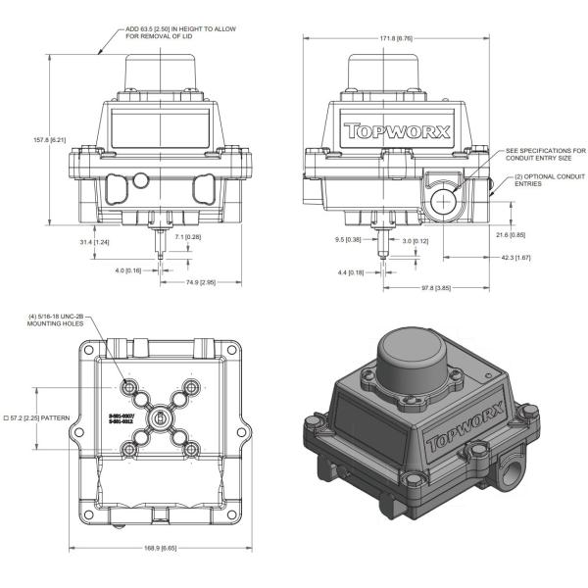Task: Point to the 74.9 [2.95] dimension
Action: (202, 282)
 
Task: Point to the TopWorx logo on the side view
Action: (396, 130)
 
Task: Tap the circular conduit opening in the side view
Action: (447, 202)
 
